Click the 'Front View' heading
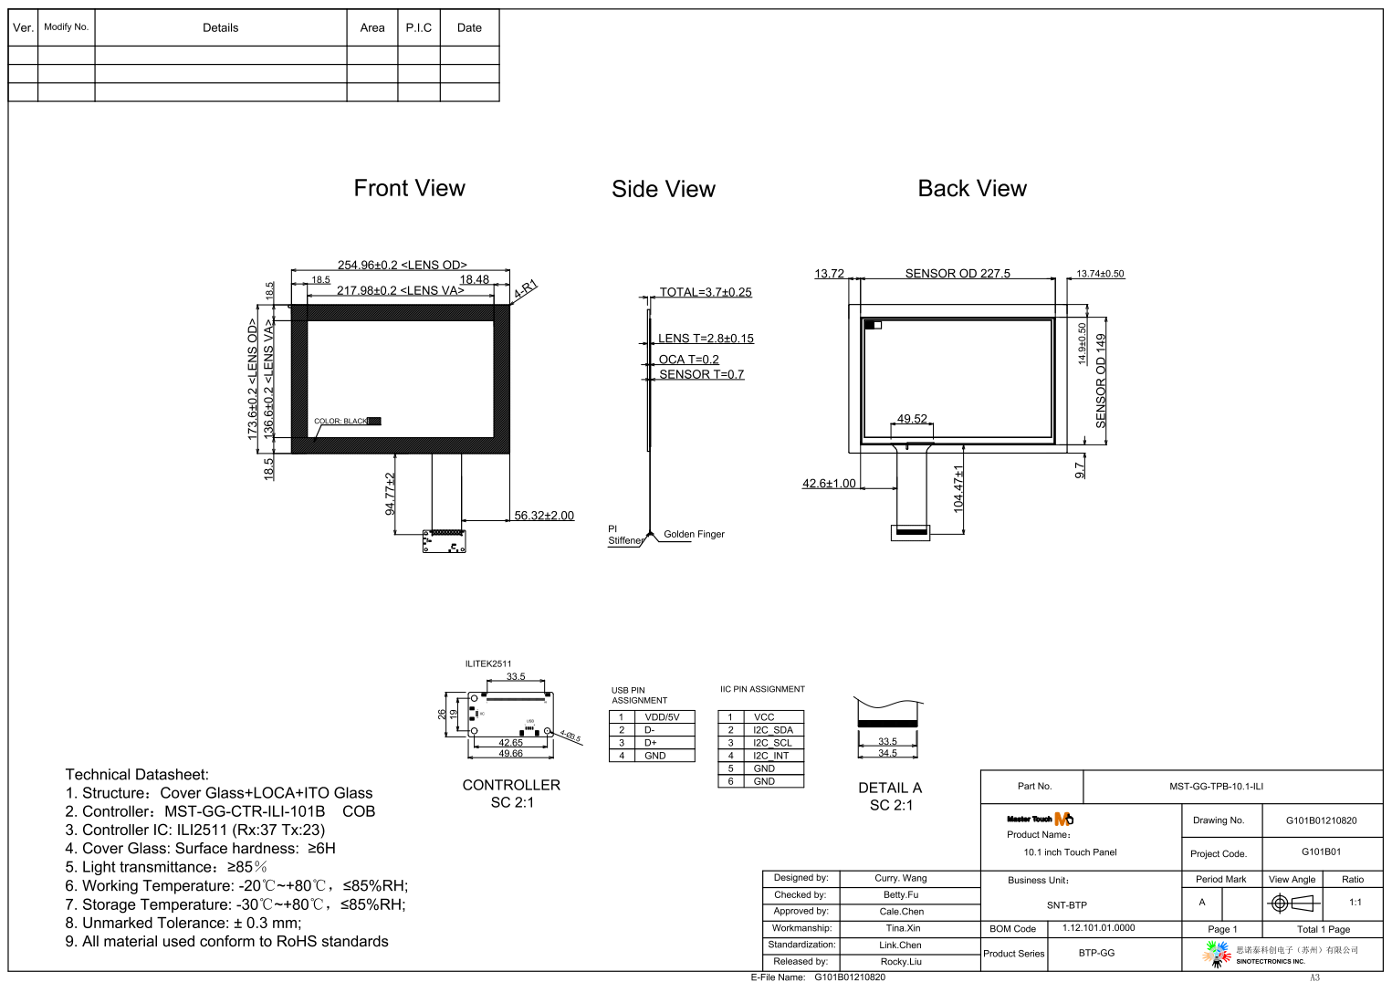(409, 188)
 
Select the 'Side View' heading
(664, 189)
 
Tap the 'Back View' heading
(972, 188)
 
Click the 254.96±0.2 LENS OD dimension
(402, 265)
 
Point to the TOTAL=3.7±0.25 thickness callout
(706, 292)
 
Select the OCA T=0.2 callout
(688, 360)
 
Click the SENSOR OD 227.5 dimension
(958, 273)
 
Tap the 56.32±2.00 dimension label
(544, 516)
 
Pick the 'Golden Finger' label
(694, 534)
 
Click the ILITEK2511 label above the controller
(488, 663)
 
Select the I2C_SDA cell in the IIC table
(773, 730)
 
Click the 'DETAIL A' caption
(890, 788)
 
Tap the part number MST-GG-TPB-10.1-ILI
(1216, 786)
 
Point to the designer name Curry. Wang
(900, 878)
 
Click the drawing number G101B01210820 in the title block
(1321, 820)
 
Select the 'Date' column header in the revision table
(469, 27)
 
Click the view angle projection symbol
(1293, 904)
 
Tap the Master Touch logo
(1040, 819)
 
